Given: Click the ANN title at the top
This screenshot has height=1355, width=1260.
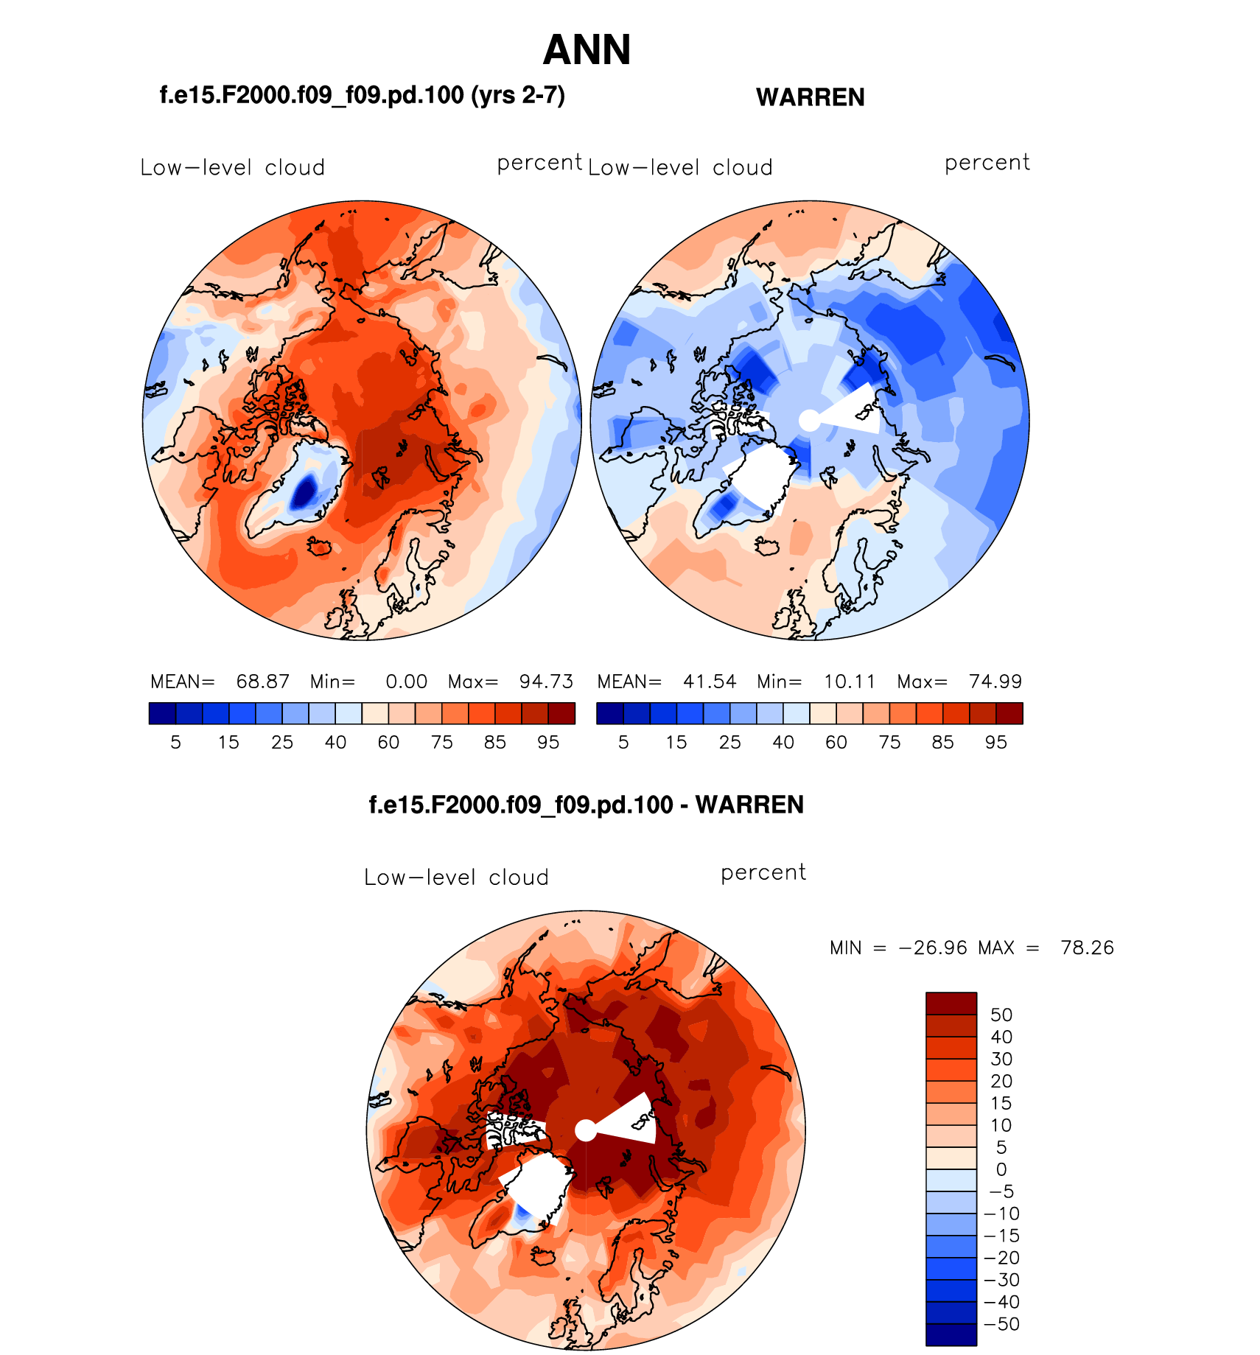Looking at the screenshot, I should click(587, 50).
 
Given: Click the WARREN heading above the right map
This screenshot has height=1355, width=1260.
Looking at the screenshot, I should click(810, 97).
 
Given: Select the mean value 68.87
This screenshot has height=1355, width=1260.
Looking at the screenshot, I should click(262, 682).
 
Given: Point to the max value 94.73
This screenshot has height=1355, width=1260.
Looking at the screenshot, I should click(546, 682).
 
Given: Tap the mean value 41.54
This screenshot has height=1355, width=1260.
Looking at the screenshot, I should click(710, 682).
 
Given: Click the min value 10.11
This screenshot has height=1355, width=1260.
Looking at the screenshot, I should click(850, 682).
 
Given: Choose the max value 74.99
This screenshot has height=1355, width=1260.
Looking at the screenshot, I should click(995, 682).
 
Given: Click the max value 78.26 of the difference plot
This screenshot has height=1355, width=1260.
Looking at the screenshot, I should click(1087, 948).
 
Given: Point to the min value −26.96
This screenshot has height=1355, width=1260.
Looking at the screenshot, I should click(933, 948).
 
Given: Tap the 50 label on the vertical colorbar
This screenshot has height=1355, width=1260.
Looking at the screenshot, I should click(1001, 1015).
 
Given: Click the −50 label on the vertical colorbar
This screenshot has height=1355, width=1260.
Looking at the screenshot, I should click(1001, 1324).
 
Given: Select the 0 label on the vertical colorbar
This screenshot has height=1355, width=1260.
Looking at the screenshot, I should click(1001, 1169).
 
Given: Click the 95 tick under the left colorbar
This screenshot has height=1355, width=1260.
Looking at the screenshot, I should click(548, 743).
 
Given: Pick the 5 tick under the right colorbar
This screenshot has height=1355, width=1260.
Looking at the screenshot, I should click(623, 743).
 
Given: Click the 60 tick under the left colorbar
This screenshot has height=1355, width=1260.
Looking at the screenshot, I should click(388, 743).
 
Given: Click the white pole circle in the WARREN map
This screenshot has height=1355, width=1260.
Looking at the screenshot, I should click(809, 421).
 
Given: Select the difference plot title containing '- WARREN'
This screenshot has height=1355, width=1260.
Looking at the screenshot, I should click(586, 805).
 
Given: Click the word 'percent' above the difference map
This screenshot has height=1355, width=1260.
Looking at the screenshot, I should click(763, 873).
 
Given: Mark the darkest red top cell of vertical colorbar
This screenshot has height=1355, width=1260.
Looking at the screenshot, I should click(951, 1004).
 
